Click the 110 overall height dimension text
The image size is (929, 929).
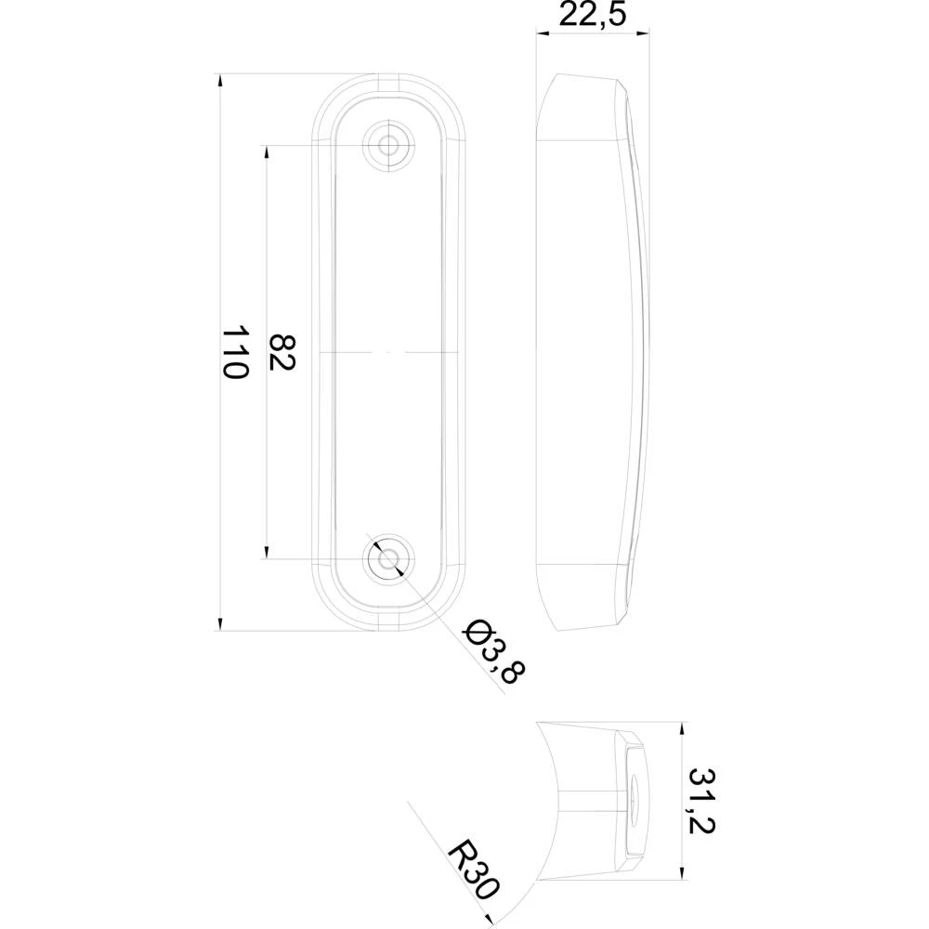tap(236, 351)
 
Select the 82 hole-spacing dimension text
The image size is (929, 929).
tap(281, 351)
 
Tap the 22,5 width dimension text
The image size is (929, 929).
tap(591, 16)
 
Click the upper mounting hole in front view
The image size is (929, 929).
tap(387, 144)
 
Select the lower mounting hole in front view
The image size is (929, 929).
tap(387, 559)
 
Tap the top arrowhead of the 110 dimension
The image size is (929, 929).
tap(220, 81)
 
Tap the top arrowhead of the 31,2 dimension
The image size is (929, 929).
tap(683, 729)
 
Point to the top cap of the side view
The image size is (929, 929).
tap(582, 107)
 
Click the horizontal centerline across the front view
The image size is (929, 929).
tap(387, 353)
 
